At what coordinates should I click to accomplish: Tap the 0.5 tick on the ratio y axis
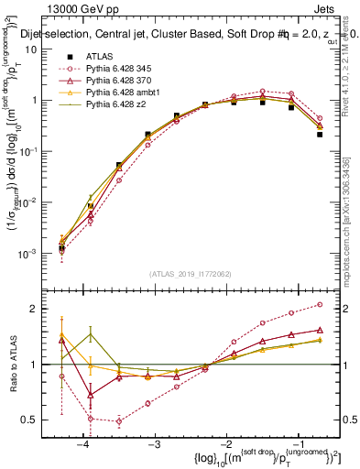coord(34,420)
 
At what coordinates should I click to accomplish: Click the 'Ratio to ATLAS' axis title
coord(13,364)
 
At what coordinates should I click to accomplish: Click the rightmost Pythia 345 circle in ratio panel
coord(320,304)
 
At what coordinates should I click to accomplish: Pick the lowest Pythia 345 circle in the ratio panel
coord(119,421)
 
